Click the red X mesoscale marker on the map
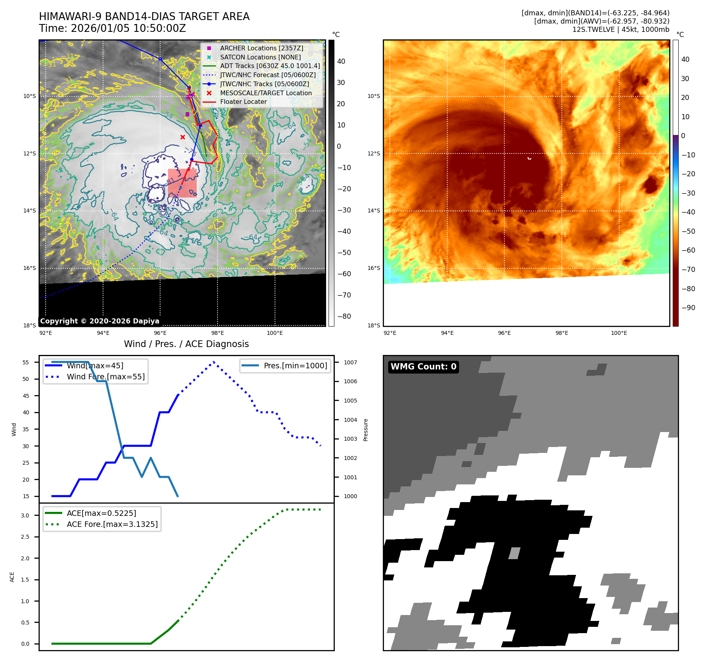click(x=183, y=137)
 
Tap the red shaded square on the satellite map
click(x=182, y=183)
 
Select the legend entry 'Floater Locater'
click(x=243, y=102)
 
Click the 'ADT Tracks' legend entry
click(x=270, y=66)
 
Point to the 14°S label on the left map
click(x=30, y=211)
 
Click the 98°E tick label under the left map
click(x=218, y=333)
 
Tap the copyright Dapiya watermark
click(x=100, y=321)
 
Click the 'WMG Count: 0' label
click(x=423, y=367)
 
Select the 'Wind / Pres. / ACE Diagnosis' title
click(x=186, y=344)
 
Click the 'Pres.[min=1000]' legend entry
click(x=295, y=366)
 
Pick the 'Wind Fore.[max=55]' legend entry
click(x=105, y=377)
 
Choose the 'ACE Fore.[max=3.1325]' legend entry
click(x=112, y=525)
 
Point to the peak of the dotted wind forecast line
click(x=214, y=362)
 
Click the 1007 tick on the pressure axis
click(x=350, y=363)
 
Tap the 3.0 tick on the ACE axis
click(x=25, y=515)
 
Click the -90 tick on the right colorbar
click(x=688, y=308)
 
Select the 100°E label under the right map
click(x=619, y=333)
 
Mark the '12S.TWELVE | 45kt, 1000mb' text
click(x=620, y=30)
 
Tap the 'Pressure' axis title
click(x=365, y=430)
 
